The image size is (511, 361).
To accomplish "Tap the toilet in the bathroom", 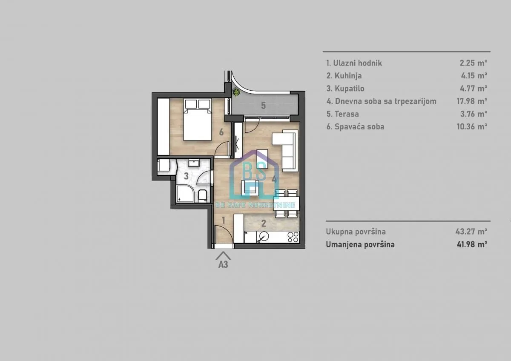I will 203,196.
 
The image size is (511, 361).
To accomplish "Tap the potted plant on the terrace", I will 236,91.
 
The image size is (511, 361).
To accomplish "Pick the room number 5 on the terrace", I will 263,106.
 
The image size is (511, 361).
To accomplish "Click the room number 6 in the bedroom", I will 221,132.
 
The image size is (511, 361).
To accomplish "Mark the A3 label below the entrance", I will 223,264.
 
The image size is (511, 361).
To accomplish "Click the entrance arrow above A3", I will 223,255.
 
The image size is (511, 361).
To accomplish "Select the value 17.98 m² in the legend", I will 471,101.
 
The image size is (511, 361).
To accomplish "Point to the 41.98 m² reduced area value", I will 471,244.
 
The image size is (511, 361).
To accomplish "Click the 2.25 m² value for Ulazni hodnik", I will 473,63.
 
